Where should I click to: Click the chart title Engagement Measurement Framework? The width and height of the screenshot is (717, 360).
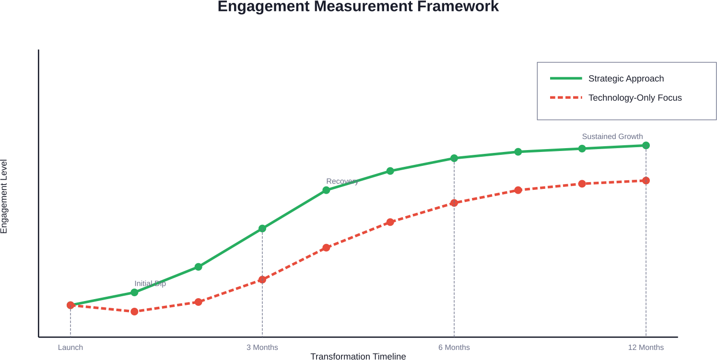(358, 7)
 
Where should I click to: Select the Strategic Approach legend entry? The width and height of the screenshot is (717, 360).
(626, 79)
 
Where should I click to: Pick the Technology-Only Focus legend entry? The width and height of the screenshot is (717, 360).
(635, 98)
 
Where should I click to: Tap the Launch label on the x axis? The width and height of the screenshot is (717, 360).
(71, 348)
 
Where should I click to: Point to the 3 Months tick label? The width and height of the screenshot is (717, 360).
(262, 348)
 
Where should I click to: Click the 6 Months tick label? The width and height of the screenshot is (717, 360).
(454, 348)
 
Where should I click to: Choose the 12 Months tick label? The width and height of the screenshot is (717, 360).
(646, 348)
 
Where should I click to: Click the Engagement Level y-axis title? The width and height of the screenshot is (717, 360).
(4, 197)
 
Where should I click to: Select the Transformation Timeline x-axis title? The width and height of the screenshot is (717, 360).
(358, 356)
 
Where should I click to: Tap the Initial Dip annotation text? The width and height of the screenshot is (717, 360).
(150, 284)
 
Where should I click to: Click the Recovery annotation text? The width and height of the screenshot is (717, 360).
(342, 181)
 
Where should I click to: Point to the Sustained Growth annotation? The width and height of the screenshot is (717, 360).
(612, 137)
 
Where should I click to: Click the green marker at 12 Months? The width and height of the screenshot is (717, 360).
(646, 145)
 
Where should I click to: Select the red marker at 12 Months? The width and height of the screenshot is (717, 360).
(646, 181)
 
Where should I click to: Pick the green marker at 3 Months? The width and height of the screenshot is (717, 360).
(262, 229)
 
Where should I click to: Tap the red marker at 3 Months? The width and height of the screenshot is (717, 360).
(262, 279)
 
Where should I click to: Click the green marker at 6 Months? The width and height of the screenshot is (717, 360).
(454, 158)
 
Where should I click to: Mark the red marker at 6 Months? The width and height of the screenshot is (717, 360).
(454, 203)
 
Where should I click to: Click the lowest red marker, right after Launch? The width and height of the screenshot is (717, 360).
(134, 312)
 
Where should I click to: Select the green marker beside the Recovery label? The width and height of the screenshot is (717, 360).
(326, 190)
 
